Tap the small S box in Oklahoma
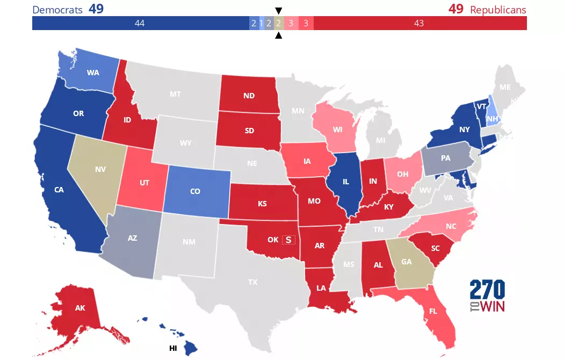coord(289,239)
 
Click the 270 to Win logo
coord(487,296)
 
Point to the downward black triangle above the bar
coord(278,10)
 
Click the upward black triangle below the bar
coord(278,36)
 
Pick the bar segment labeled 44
coord(140,23)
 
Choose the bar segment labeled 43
coord(419,23)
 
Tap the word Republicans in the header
coord(498,10)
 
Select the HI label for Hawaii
coord(173,348)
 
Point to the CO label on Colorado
coord(197,191)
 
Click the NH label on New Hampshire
coord(492,119)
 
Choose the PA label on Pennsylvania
coord(445,159)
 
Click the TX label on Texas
coord(252,282)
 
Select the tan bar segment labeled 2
coord(278,23)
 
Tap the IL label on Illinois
coord(348,182)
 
